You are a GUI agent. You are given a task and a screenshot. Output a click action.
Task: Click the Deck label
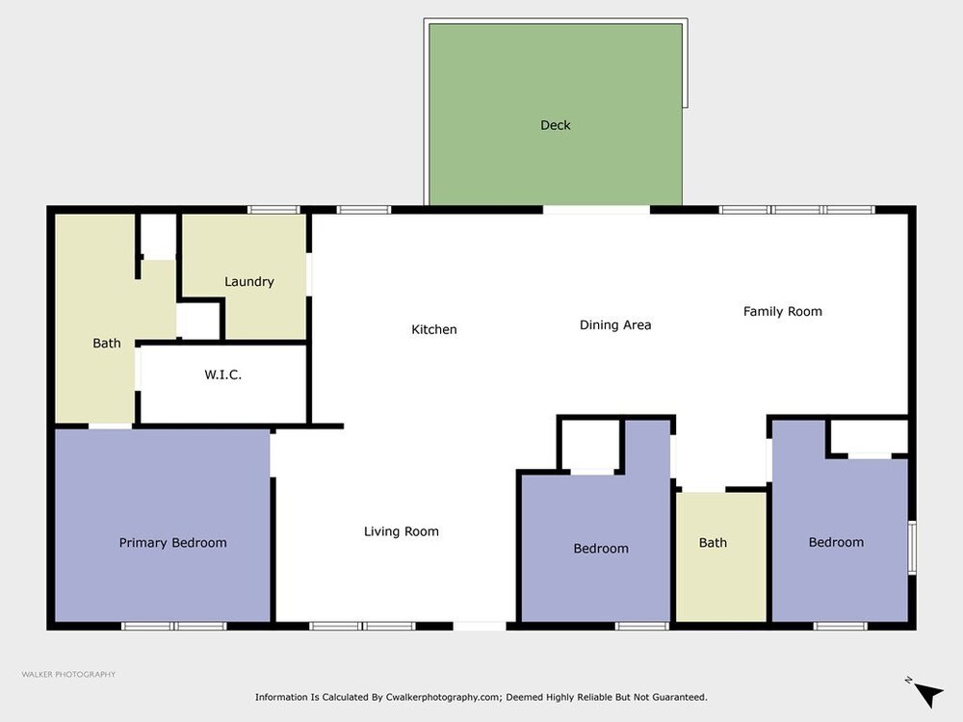[556, 125]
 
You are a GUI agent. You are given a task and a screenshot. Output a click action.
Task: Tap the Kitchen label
[434, 329]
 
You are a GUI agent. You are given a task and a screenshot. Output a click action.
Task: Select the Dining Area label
[615, 324]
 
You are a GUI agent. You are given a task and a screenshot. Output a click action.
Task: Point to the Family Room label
[782, 311]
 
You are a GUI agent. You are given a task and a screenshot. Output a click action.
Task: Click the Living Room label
[401, 531]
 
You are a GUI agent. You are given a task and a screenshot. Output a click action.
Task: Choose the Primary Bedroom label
[172, 543]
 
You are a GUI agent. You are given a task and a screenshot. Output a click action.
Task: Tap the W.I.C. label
[223, 374]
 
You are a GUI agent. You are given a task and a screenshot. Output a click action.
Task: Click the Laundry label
[248, 282]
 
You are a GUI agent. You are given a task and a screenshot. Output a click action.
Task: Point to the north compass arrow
[928, 694]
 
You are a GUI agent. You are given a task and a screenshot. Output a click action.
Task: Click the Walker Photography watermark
[68, 674]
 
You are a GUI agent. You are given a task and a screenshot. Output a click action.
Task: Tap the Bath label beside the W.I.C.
[106, 344]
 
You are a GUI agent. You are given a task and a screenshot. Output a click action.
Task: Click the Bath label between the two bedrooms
[713, 543]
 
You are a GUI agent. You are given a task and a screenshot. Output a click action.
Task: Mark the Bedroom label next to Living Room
[601, 549]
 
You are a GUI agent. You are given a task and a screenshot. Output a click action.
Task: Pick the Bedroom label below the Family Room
[836, 542]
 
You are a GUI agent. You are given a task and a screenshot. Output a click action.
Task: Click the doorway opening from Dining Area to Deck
[596, 210]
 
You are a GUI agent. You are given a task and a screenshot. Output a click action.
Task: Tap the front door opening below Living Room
[480, 627]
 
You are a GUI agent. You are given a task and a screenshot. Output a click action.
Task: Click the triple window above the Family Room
[796, 210]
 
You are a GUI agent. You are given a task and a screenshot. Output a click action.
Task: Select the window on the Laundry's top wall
[273, 210]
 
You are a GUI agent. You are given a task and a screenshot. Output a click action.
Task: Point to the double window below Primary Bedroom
[173, 627]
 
